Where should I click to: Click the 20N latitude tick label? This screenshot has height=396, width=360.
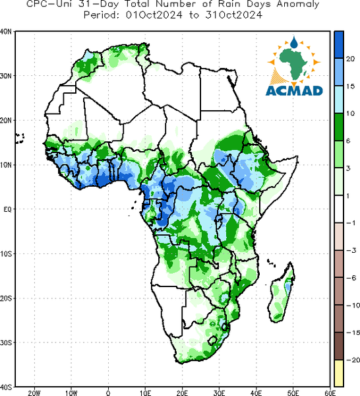(x=6, y=121)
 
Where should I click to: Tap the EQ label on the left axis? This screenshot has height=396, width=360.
(x=8, y=209)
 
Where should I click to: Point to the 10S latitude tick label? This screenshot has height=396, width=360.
(x=6, y=254)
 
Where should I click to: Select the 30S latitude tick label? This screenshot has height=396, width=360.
(x=6, y=343)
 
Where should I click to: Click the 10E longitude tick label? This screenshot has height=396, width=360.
(x=145, y=393)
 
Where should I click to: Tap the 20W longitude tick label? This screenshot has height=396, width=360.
(x=34, y=393)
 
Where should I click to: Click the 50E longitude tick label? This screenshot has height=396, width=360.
(x=293, y=393)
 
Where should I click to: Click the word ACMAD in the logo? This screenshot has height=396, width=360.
(x=294, y=90)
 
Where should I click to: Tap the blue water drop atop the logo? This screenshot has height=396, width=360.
(x=294, y=42)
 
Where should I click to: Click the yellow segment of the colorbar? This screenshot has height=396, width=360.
(x=339, y=373)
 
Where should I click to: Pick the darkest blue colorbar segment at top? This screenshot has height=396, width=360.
(x=339, y=45)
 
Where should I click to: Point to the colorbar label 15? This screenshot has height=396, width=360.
(x=350, y=86)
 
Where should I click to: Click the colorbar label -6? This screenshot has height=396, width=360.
(x=351, y=278)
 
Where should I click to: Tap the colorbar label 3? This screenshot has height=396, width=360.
(x=348, y=168)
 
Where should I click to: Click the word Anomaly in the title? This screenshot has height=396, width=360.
(x=298, y=5)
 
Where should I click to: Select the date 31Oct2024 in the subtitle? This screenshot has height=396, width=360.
(x=233, y=15)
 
